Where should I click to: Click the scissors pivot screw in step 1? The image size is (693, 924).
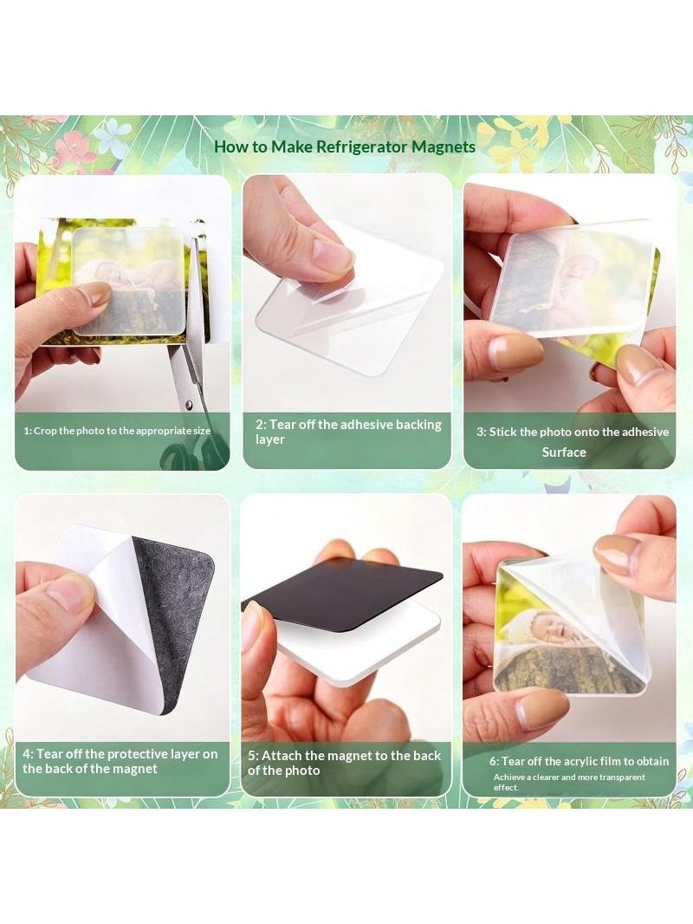tap(189, 405)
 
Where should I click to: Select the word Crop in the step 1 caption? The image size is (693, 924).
tap(44, 431)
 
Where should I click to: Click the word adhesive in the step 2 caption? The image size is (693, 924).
tap(366, 424)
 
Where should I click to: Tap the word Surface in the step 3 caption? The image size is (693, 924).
tap(564, 452)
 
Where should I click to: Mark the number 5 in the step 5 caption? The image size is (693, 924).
tap(251, 756)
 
